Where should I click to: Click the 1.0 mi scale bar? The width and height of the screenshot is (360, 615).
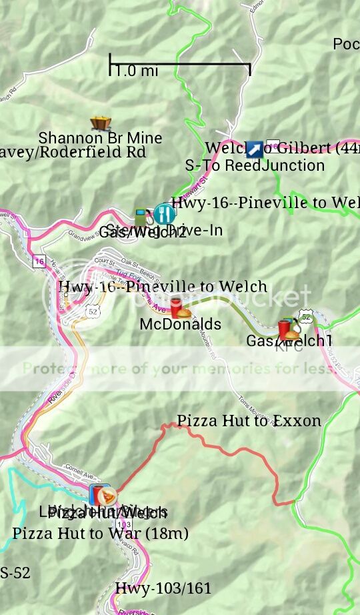click(x=179, y=65)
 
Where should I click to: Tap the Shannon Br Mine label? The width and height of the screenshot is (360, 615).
click(x=100, y=138)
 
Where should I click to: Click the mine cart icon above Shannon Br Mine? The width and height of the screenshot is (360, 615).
click(x=101, y=123)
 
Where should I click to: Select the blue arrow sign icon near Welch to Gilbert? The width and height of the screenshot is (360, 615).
click(x=254, y=149)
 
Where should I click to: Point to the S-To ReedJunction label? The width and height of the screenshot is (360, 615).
click(x=255, y=165)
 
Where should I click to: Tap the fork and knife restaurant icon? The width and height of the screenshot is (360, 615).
click(x=164, y=214)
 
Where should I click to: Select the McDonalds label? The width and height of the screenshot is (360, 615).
click(x=180, y=324)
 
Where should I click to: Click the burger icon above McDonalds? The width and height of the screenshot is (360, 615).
click(x=181, y=310)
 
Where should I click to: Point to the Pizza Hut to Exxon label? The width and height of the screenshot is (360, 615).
click(x=249, y=421)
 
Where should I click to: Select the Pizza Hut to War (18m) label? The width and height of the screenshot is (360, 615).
click(x=100, y=534)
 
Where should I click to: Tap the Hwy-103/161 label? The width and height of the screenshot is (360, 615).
click(x=163, y=588)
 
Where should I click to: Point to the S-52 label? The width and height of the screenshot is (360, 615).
click(x=15, y=573)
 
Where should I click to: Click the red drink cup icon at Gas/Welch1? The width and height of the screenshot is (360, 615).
click(x=285, y=329)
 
